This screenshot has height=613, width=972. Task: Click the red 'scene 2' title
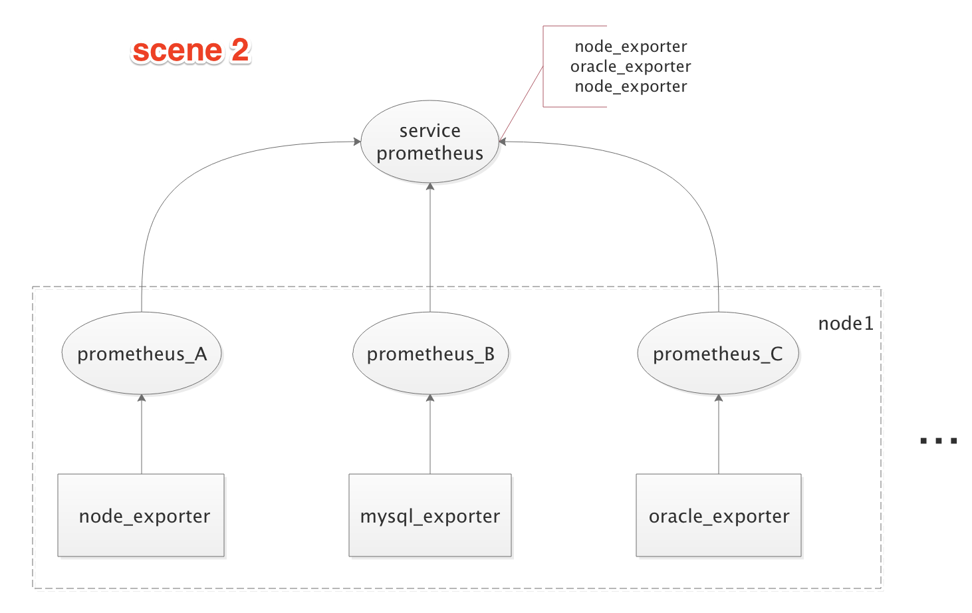tap(191, 51)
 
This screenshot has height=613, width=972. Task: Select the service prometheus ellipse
tap(429, 142)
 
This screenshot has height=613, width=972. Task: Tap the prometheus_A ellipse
tap(142, 354)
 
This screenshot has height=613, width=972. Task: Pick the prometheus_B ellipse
tap(430, 354)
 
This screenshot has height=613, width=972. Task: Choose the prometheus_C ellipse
tap(718, 354)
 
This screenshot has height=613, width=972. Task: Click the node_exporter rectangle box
tap(141, 515)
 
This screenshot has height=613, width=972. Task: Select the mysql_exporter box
tap(430, 515)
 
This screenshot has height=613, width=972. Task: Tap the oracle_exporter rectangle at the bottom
tap(719, 515)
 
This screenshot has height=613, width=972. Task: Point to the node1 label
tap(846, 324)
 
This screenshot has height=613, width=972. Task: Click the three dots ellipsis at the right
tap(938, 440)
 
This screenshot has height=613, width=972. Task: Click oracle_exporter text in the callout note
tap(630, 66)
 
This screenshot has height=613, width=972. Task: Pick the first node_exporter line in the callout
tap(630, 47)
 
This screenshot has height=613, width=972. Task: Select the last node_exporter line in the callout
tap(630, 86)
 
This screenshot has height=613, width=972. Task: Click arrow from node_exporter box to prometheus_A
tap(142, 435)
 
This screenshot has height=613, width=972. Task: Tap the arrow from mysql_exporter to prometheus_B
tap(430, 435)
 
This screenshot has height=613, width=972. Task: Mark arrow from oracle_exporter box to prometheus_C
tap(719, 435)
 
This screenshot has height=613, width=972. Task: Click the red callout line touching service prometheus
tap(521, 103)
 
